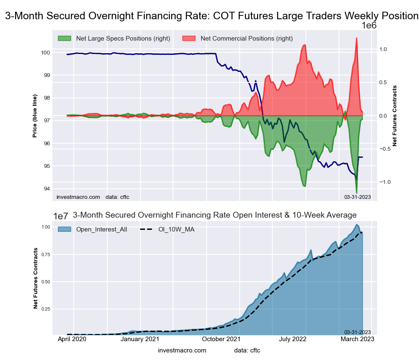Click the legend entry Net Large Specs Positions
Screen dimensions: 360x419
click(x=123, y=39)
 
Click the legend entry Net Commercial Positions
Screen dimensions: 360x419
click(x=246, y=39)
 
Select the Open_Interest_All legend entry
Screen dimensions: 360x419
click(x=101, y=229)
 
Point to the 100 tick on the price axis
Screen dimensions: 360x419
click(x=45, y=53)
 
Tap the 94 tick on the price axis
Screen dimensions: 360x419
click(x=47, y=189)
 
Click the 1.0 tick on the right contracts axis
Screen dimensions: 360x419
click(x=383, y=49)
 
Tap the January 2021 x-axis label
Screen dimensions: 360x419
click(x=140, y=339)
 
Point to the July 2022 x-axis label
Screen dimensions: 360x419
click(x=305, y=339)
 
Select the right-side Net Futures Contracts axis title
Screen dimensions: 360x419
click(x=395, y=116)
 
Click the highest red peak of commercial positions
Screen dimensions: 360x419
click(x=357, y=38)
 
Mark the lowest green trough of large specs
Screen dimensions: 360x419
click(x=357, y=193)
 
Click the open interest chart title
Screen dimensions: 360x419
click(x=215, y=215)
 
